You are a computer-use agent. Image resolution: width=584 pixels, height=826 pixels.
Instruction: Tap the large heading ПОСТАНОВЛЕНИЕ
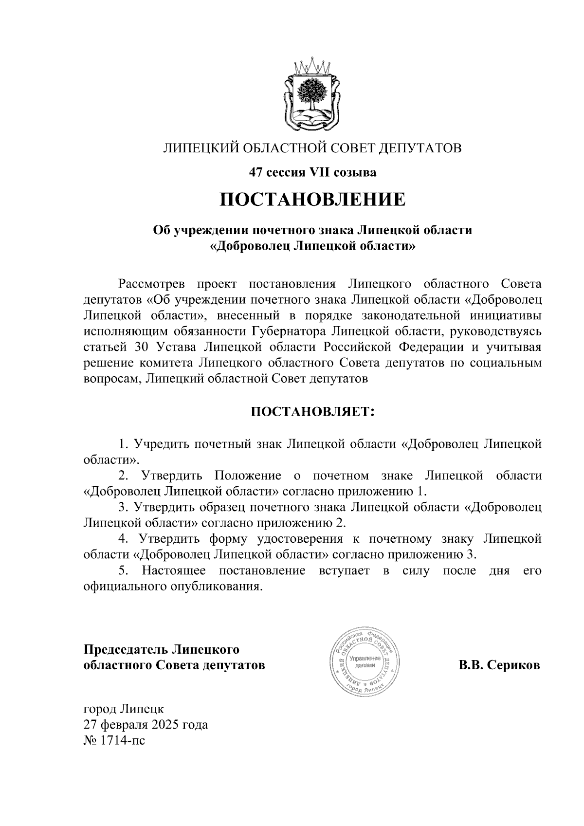point(312,200)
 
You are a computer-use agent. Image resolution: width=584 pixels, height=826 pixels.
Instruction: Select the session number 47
point(256,172)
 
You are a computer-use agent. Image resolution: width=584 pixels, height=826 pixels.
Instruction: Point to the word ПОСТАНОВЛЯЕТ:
point(312,412)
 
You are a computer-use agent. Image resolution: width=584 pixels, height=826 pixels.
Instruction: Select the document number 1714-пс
point(122,741)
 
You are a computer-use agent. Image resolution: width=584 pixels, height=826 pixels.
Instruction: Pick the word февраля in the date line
point(122,725)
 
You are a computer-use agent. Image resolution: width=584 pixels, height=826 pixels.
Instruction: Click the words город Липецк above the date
point(124,709)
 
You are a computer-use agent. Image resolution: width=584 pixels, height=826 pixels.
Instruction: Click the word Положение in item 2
point(248,475)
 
